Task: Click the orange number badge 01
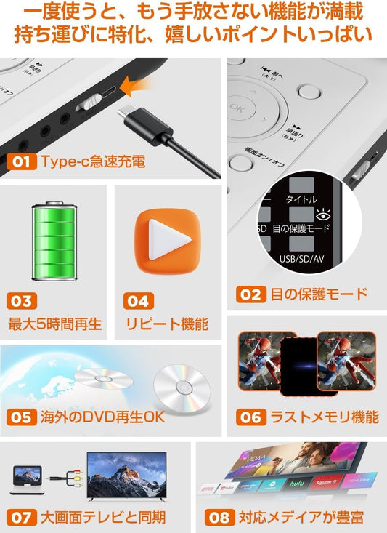coord(21,161)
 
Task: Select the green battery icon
coord(53,241)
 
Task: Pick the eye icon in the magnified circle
coord(322,213)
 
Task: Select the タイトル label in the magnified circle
coord(301,199)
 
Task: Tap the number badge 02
coord(250,294)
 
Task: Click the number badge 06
coord(250,417)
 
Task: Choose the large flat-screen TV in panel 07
coord(126,476)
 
